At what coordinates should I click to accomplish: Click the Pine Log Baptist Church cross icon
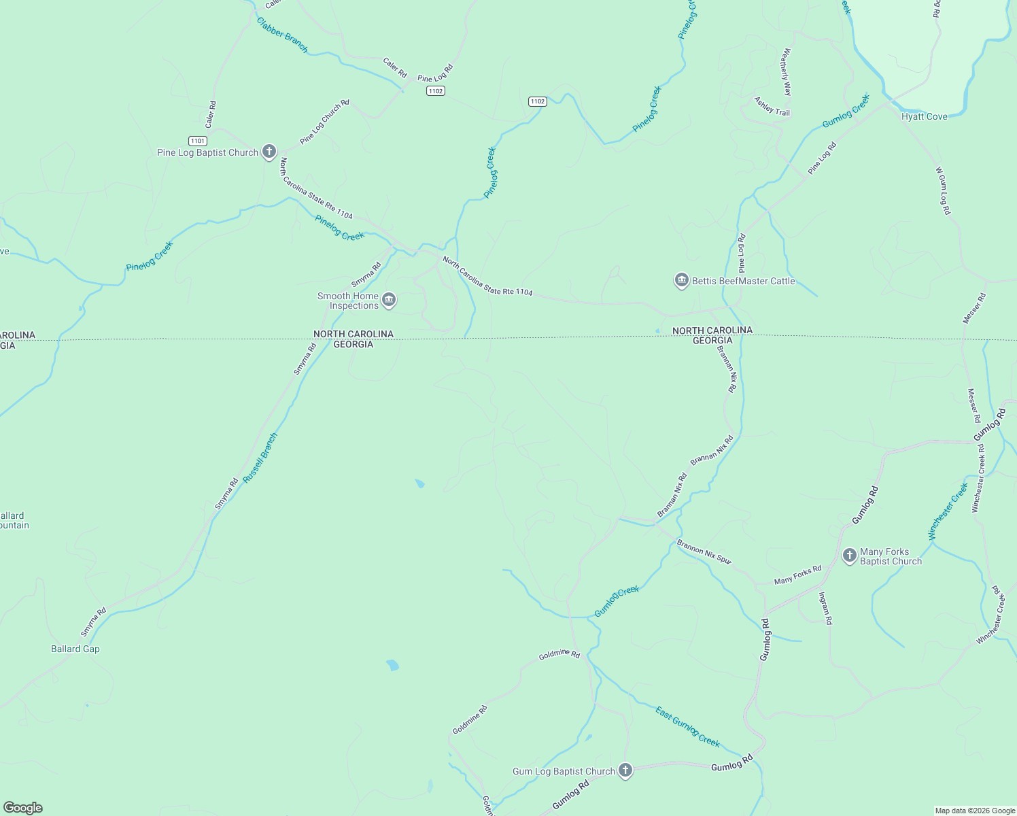coord(269,151)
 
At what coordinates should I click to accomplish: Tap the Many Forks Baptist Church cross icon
coord(849,556)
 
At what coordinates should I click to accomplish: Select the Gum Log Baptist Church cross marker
coord(625,770)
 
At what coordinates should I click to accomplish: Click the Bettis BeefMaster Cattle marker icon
coord(681,280)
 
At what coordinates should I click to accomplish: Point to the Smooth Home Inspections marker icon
coord(389,300)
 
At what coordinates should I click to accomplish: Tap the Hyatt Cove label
coord(924,116)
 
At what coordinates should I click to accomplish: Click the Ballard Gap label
coord(75,649)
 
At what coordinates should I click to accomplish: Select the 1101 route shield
coord(197,141)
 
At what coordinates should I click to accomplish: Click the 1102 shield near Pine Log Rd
coord(436,90)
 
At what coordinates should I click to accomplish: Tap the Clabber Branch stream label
coord(282,35)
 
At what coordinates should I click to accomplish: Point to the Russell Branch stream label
coord(260,458)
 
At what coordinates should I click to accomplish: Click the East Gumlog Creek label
coord(687,726)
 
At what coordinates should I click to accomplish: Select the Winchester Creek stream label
coord(948,511)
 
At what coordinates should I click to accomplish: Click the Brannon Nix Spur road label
coord(704,551)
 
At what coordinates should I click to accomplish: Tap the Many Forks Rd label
coord(797,575)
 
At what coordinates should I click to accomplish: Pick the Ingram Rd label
coord(825,608)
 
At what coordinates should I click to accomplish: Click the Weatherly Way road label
coord(787,71)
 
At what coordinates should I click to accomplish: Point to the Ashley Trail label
coord(772,106)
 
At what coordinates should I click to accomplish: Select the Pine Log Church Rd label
coord(324,122)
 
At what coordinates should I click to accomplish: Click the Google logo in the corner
coord(22,807)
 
